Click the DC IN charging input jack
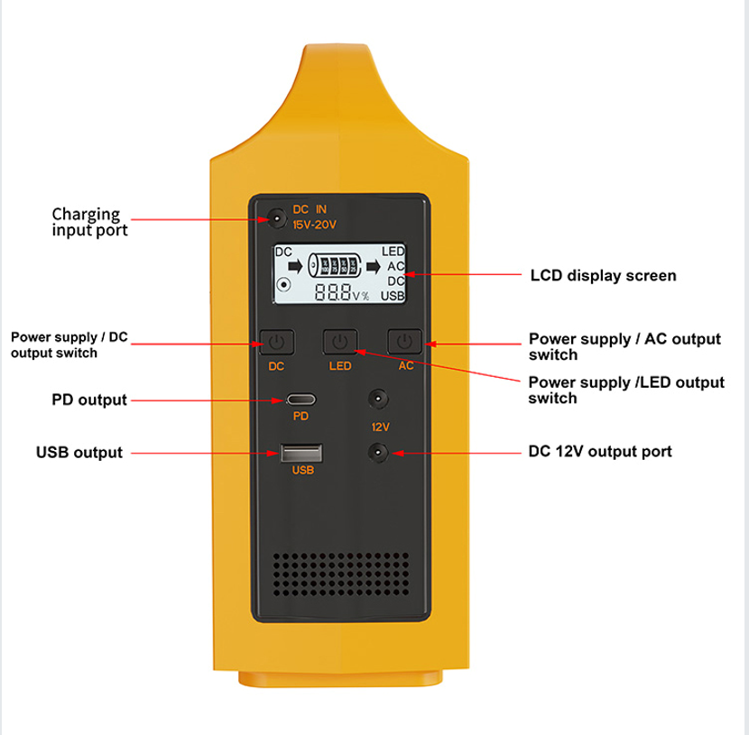click(276, 218)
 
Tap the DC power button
click(276, 342)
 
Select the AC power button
click(404, 341)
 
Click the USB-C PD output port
click(301, 399)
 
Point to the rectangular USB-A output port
click(301, 453)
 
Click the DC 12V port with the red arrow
click(378, 453)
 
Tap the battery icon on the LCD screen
click(334, 265)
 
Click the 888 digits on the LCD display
click(332, 291)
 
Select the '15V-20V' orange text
click(314, 225)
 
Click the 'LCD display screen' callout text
click(604, 275)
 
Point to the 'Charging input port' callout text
click(90, 222)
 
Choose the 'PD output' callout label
click(89, 400)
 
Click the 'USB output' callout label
click(79, 452)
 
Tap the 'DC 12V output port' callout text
click(600, 452)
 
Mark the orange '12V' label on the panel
click(380, 427)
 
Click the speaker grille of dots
click(340, 574)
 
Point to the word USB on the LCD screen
click(393, 297)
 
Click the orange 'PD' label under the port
click(301, 416)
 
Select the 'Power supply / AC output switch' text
click(624, 346)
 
